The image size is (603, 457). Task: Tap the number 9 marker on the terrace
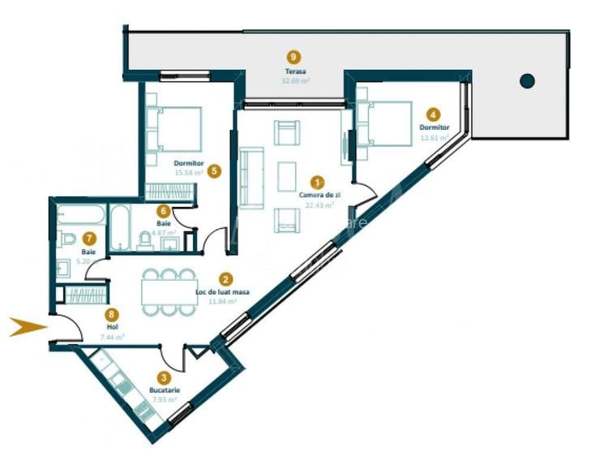pos(293,57)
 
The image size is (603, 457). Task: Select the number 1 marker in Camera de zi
pos(318,184)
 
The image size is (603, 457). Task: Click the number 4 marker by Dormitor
pos(434,115)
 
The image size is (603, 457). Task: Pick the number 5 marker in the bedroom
pos(214,171)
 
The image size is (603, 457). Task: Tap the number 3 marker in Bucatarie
pos(164,377)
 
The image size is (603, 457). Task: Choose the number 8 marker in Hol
pos(112,313)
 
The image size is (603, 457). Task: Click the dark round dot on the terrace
pos(528,80)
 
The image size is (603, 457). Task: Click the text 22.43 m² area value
pos(318,205)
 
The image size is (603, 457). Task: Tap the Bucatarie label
pos(164,390)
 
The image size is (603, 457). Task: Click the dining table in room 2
pos(169,291)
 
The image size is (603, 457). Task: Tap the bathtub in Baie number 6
pos(119,227)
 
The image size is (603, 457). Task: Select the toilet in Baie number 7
pos(67,239)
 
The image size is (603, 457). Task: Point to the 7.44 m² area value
pos(112,337)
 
